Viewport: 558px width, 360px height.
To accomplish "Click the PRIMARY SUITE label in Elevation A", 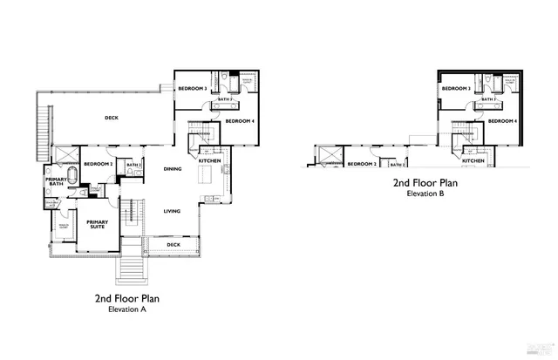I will (x=97, y=224).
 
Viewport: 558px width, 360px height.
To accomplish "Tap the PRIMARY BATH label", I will (x=56, y=181).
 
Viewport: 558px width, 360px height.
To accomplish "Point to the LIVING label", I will (x=173, y=211).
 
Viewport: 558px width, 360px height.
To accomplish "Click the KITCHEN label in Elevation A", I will (x=209, y=161).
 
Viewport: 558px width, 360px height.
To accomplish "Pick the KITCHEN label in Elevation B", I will (x=473, y=161).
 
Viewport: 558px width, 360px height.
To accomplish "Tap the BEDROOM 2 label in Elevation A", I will (x=99, y=164).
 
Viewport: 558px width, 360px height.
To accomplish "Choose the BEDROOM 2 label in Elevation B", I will (x=362, y=164).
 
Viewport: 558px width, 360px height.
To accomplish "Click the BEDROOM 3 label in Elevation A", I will (x=193, y=89).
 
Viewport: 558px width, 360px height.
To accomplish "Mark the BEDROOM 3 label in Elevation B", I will (x=456, y=89).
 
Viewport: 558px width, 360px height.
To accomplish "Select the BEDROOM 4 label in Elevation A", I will (x=240, y=121).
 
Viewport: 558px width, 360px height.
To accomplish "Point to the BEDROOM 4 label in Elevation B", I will (x=503, y=121).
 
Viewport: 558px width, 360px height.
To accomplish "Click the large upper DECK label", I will (x=112, y=118).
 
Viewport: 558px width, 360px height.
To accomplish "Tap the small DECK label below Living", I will (x=173, y=246).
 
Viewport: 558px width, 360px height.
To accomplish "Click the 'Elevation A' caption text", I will (x=126, y=309).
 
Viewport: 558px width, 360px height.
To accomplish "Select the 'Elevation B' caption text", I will (x=425, y=194).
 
